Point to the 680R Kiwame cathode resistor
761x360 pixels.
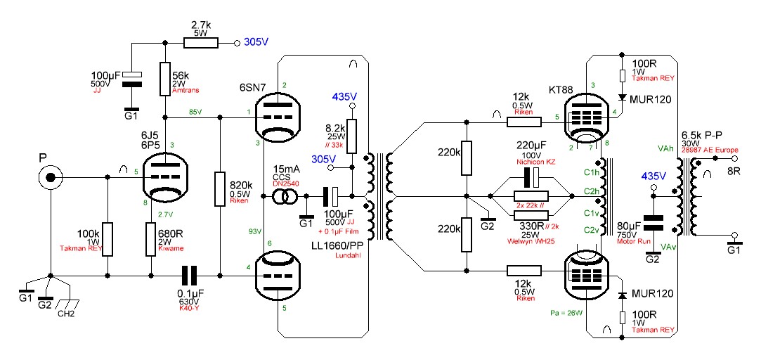tap(150, 239)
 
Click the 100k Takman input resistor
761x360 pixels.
tap(108, 240)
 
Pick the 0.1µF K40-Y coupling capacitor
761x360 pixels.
tap(188, 276)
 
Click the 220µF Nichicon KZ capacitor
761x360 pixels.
tap(534, 176)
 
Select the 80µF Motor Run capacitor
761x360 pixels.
tap(654, 223)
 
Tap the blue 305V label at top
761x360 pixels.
tap(256, 42)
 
